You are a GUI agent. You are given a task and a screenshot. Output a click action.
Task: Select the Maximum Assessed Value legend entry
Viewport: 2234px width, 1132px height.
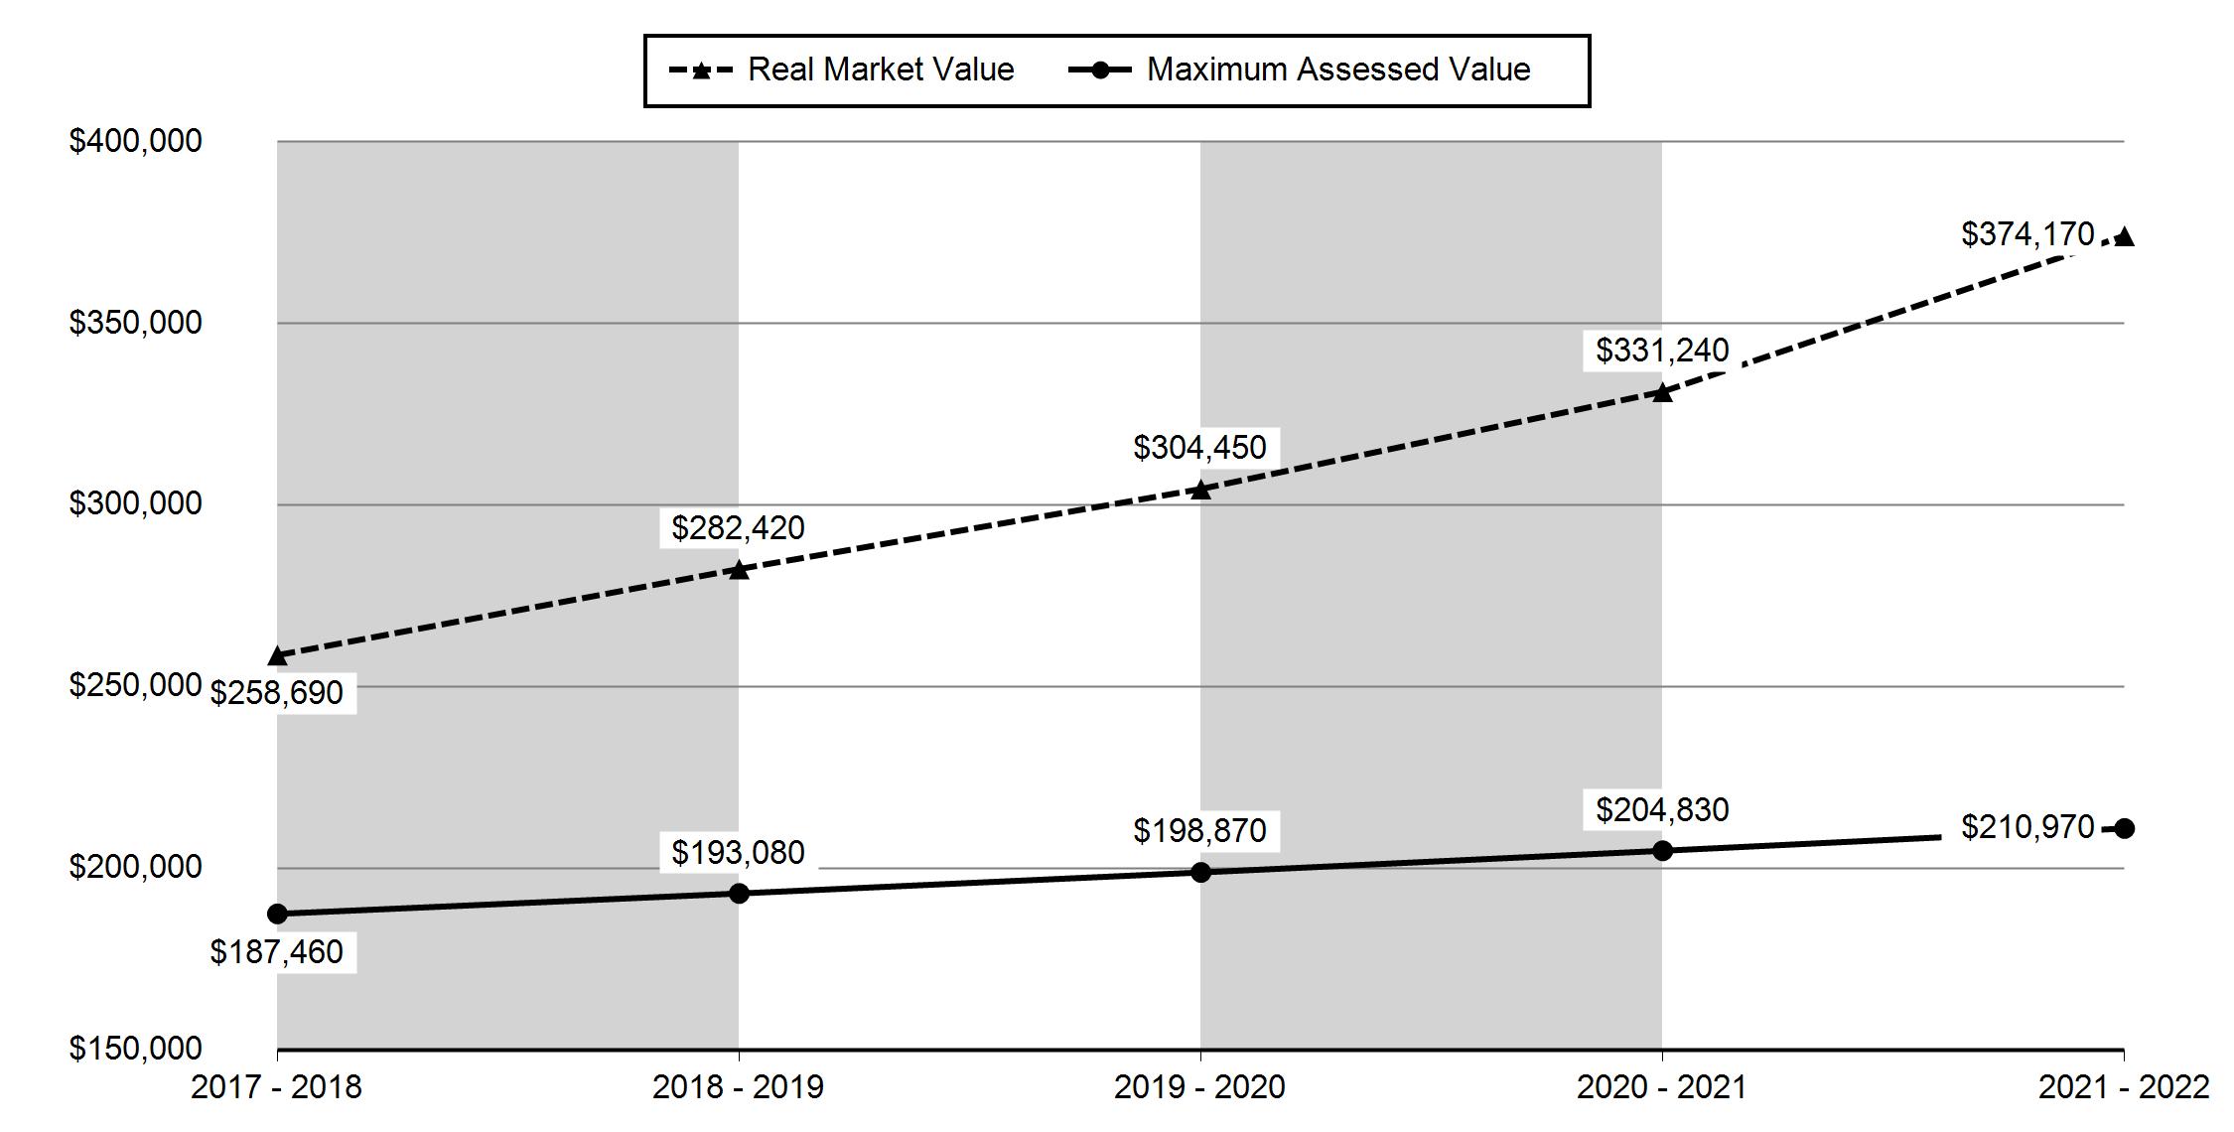coord(1300,70)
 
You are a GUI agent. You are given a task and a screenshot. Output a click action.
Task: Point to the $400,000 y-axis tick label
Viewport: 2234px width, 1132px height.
coord(135,141)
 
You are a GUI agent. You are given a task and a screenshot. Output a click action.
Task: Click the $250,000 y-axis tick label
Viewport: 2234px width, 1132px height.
coord(135,685)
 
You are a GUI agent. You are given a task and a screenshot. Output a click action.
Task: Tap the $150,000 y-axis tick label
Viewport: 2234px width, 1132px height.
coord(135,1049)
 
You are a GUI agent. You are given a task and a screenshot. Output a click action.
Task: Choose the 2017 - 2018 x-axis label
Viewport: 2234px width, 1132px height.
coord(276,1087)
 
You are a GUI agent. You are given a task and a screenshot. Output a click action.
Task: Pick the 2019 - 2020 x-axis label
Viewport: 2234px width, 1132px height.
coord(1199,1087)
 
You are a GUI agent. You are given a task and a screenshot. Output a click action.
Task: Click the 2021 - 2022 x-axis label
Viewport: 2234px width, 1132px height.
coord(2124,1087)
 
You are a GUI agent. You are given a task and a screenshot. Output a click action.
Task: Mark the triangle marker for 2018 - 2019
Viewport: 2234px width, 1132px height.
coord(739,570)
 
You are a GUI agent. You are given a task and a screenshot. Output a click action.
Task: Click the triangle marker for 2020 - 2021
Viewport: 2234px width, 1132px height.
coord(1662,392)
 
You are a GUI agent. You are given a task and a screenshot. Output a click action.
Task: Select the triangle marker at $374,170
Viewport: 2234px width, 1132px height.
coord(2124,236)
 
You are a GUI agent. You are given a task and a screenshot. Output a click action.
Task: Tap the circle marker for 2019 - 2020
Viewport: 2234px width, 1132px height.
coord(1200,872)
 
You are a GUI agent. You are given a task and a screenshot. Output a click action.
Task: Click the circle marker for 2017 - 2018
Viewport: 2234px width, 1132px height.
coord(277,914)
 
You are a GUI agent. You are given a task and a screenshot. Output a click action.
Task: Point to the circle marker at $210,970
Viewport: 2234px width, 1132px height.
coord(2124,828)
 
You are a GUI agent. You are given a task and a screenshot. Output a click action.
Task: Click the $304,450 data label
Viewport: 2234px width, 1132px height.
coord(1199,448)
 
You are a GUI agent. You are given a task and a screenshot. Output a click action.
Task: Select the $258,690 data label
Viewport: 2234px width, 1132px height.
coord(276,692)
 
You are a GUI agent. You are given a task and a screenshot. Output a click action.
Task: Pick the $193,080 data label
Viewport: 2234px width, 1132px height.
coord(738,852)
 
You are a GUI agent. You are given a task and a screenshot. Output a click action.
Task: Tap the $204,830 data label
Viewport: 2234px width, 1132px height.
coord(1662,809)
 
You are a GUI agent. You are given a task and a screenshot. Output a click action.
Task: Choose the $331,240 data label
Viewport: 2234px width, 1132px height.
coord(1662,350)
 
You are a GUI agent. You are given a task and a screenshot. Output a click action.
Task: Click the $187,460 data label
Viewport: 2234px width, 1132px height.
coord(276,951)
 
